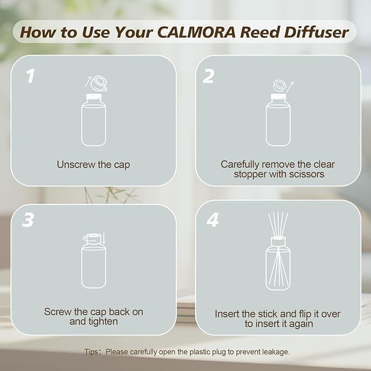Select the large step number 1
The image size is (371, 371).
(31, 76)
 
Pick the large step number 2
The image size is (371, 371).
(208, 76)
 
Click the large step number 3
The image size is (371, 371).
(29, 220)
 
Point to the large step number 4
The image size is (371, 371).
(213, 220)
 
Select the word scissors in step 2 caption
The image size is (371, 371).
(303, 174)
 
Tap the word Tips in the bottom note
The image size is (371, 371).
(92, 352)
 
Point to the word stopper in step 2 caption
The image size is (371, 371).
(250, 174)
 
